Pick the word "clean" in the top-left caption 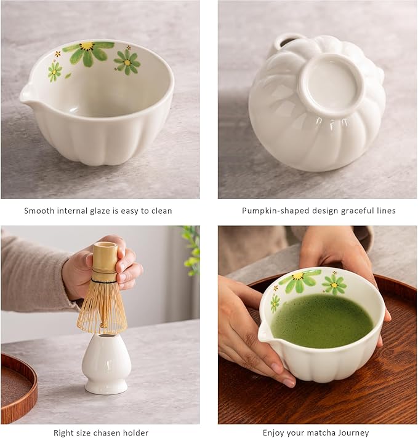point(161,211)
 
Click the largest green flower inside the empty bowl point(88,52)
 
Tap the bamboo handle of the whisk point(104,261)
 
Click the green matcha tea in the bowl point(322,321)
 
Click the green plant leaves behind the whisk point(191,249)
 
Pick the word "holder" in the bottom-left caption point(135,433)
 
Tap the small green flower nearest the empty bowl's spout point(55,71)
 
